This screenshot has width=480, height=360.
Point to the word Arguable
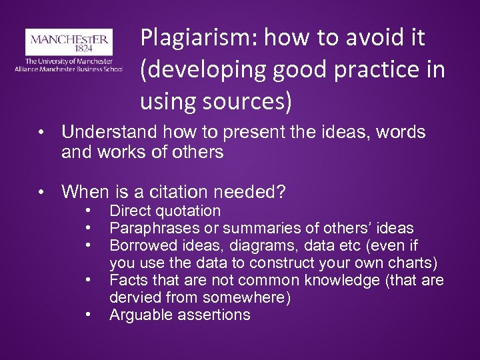138,314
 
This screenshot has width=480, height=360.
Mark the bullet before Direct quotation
88,211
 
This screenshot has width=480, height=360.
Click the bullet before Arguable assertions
88,314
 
